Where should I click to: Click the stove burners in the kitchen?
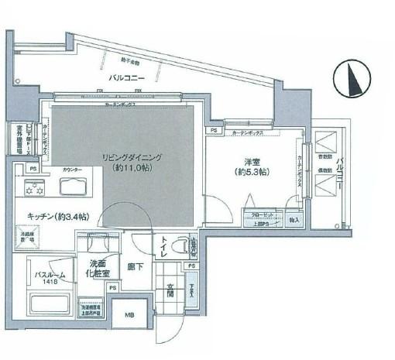pyautogui.click(x=34, y=187)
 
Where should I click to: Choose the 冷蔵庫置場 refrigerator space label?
pyautogui.click(x=28, y=236)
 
